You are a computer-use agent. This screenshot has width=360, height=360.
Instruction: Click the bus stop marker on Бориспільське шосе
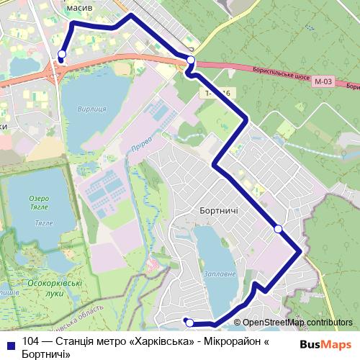click(191, 60)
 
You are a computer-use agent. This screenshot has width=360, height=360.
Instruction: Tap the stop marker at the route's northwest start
click(62, 55)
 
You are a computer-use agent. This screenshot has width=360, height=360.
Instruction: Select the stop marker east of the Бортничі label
click(279, 229)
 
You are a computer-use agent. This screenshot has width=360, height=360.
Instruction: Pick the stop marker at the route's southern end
click(189, 323)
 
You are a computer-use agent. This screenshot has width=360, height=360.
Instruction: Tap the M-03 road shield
click(323, 82)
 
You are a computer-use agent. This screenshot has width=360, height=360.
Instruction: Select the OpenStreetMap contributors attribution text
click(297, 323)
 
